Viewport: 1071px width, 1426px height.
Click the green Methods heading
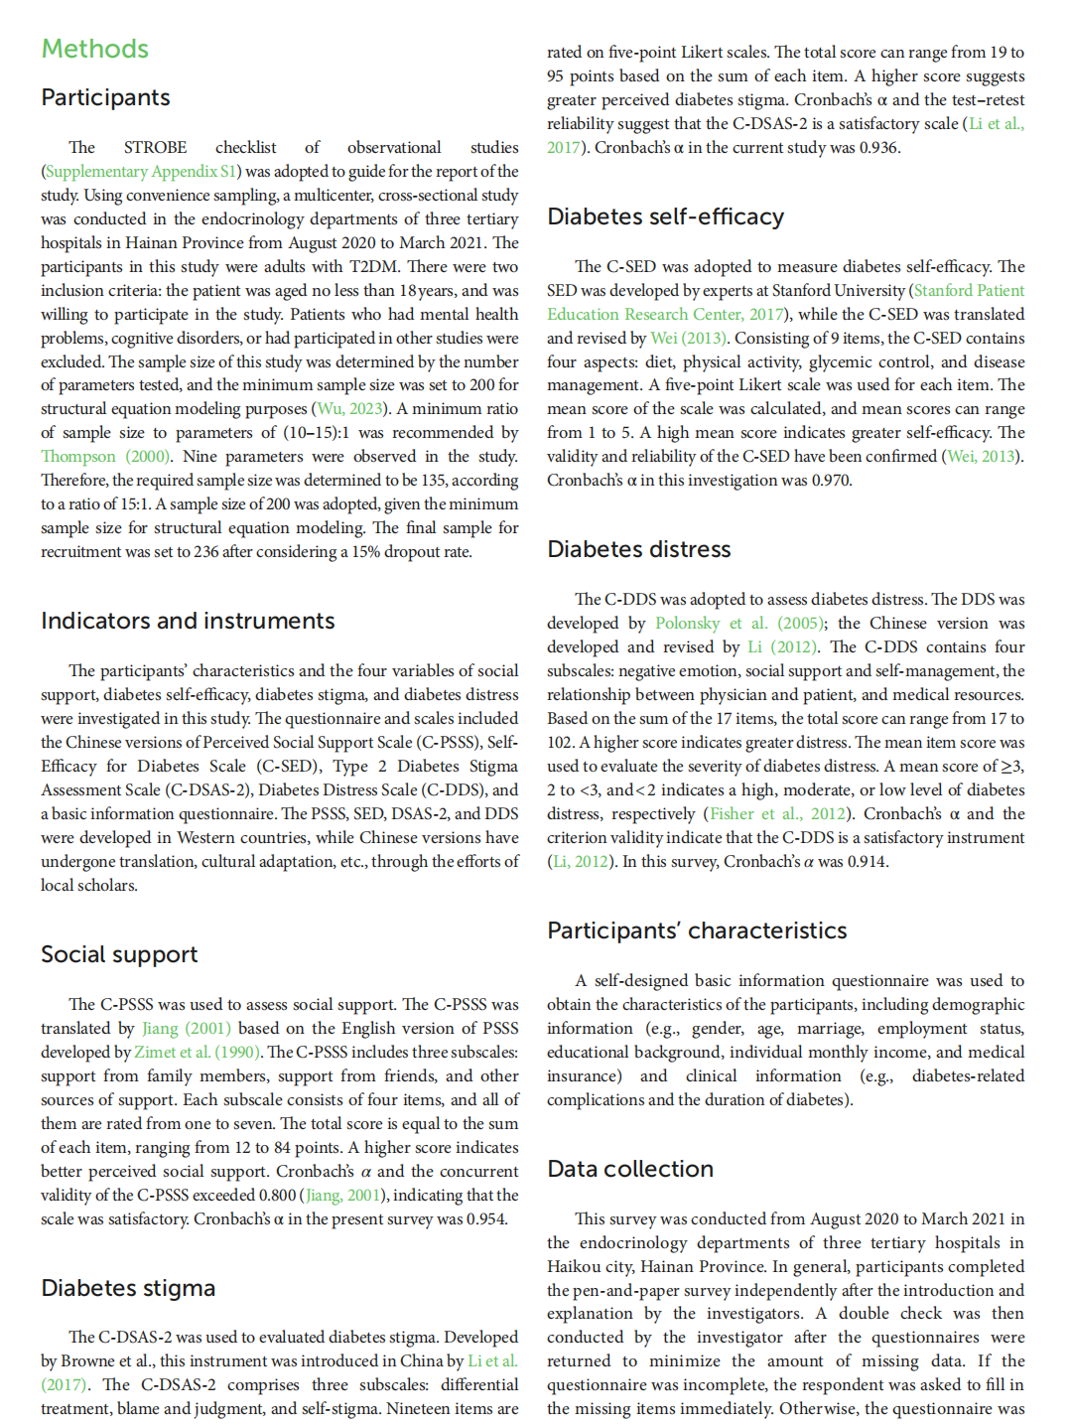click(x=94, y=49)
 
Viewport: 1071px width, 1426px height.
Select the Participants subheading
click(x=105, y=97)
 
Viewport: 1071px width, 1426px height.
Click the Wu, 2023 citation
click(x=349, y=408)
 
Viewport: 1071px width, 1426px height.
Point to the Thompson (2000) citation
click(x=104, y=456)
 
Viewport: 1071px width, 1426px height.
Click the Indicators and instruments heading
click(x=188, y=621)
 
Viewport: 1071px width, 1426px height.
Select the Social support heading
click(x=119, y=954)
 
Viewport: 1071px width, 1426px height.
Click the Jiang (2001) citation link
click(x=186, y=1028)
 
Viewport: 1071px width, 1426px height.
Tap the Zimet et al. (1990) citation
click(x=197, y=1052)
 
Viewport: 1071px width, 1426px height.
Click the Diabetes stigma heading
click(x=128, y=1288)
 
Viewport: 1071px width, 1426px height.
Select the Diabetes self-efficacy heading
click(x=665, y=216)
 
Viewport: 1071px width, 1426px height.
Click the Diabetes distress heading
click(x=638, y=549)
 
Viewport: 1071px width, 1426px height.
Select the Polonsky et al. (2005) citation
click(x=738, y=623)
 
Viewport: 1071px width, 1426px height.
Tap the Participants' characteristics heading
click(x=697, y=930)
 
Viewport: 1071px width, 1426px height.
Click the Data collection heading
click(x=630, y=1169)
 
